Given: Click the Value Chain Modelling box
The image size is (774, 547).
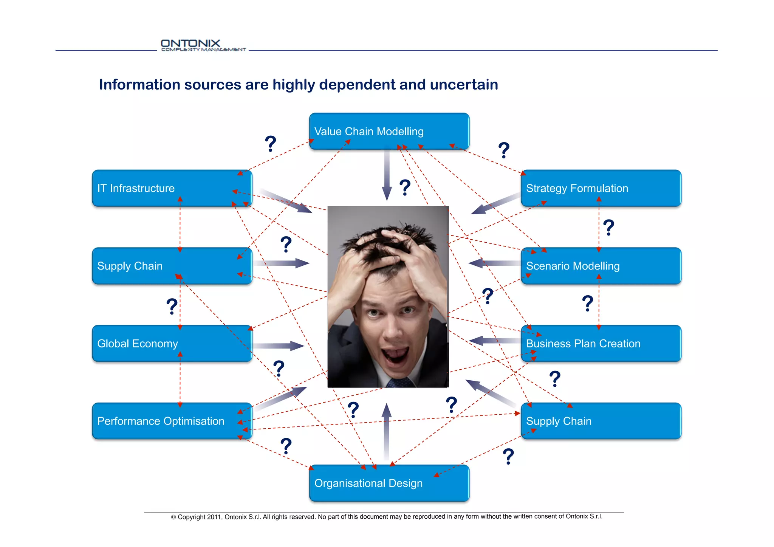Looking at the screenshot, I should click(389, 131).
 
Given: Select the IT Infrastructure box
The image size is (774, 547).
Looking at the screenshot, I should click(172, 188).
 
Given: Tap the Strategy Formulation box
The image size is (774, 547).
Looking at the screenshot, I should click(601, 188).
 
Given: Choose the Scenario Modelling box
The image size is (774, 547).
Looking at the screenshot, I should click(601, 266).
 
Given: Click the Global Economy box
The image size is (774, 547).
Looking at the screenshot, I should click(172, 343).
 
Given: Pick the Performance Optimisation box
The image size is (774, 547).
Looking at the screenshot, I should click(172, 421).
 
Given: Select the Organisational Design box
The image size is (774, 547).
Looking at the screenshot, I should click(389, 483).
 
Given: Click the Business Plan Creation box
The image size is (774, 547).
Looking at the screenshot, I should click(601, 343).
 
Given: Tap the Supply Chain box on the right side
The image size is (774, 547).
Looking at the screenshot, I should click(601, 421).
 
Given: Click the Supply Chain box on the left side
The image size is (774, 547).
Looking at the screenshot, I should click(172, 266).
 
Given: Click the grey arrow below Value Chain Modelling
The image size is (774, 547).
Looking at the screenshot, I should click(387, 174).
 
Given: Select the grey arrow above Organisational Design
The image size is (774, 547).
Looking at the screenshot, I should click(386, 431).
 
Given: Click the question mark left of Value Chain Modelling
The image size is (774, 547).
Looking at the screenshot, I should click(271, 144).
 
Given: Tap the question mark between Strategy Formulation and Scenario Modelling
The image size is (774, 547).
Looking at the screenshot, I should click(608, 228).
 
